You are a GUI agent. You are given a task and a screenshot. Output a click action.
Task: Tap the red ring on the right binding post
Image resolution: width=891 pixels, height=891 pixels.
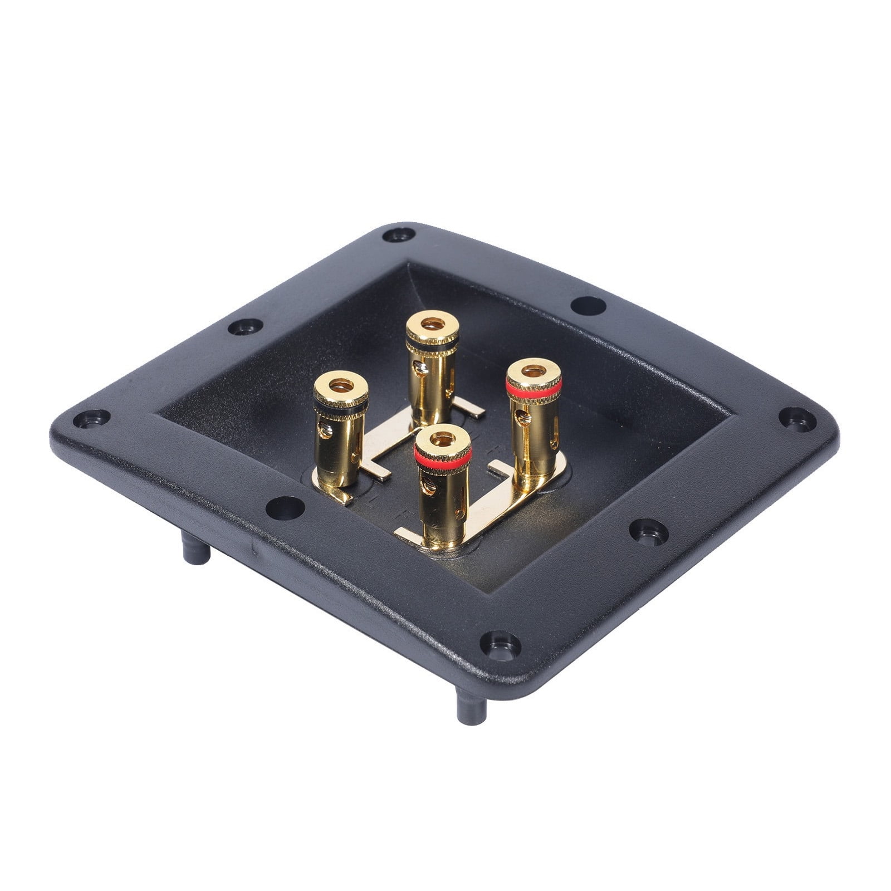click(x=533, y=389)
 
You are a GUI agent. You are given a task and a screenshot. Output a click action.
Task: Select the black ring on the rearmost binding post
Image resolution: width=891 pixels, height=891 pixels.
click(x=432, y=345)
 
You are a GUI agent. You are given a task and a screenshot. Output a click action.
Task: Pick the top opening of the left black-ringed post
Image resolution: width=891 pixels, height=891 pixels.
click(x=341, y=385)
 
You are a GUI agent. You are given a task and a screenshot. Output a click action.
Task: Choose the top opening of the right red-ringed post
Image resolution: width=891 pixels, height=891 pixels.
click(x=533, y=370)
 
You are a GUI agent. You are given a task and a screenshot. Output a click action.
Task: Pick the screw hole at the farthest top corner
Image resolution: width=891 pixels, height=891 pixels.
click(x=399, y=234)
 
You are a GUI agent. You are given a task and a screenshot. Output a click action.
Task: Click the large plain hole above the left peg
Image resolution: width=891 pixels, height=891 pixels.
click(x=285, y=507)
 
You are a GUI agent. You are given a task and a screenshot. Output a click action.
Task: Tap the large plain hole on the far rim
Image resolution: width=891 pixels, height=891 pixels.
click(x=589, y=305)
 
